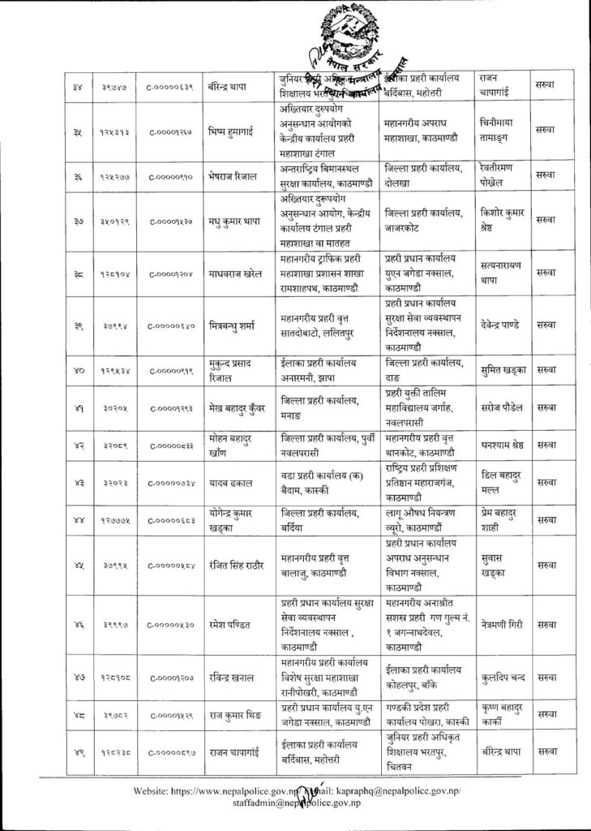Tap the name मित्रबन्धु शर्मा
click(237, 329)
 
